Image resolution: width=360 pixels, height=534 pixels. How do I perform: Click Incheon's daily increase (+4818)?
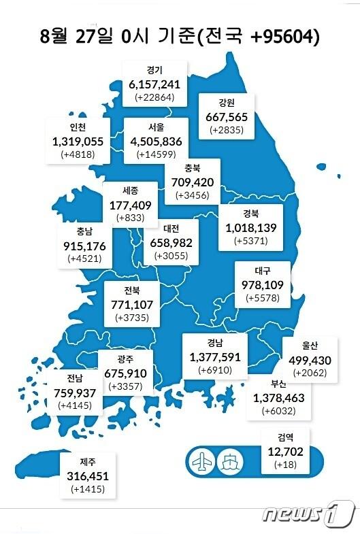tap(77, 155)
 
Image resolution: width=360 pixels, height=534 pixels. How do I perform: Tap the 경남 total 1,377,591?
tap(216, 356)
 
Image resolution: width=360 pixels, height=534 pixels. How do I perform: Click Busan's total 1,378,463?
tap(278, 397)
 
